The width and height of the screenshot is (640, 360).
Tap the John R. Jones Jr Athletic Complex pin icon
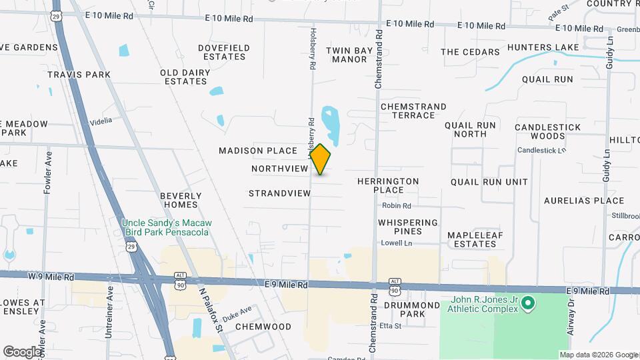pyautogui.click(x=528, y=304)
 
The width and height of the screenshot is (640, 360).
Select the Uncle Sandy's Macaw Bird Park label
pyautogui.click(x=166, y=227)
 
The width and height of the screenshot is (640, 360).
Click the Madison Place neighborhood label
pyautogui.click(x=257, y=151)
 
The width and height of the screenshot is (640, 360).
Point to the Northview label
pyautogui.click(x=279, y=169)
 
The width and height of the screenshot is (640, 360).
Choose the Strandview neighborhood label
pyautogui.click(x=279, y=193)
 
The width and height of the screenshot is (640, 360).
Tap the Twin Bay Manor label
pyautogui.click(x=347, y=55)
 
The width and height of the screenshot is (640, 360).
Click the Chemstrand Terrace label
pyautogui.click(x=407, y=111)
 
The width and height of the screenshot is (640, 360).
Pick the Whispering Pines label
pyautogui.click(x=408, y=227)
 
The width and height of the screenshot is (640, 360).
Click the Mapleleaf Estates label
pyautogui.click(x=471, y=239)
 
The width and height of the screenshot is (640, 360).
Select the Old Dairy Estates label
pyautogui.click(x=183, y=77)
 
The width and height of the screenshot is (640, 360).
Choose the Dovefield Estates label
pyautogui.click(x=224, y=52)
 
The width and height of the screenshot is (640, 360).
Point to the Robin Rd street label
pyautogui.click(x=397, y=206)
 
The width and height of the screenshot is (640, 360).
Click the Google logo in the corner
pyautogui.click(x=21, y=351)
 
